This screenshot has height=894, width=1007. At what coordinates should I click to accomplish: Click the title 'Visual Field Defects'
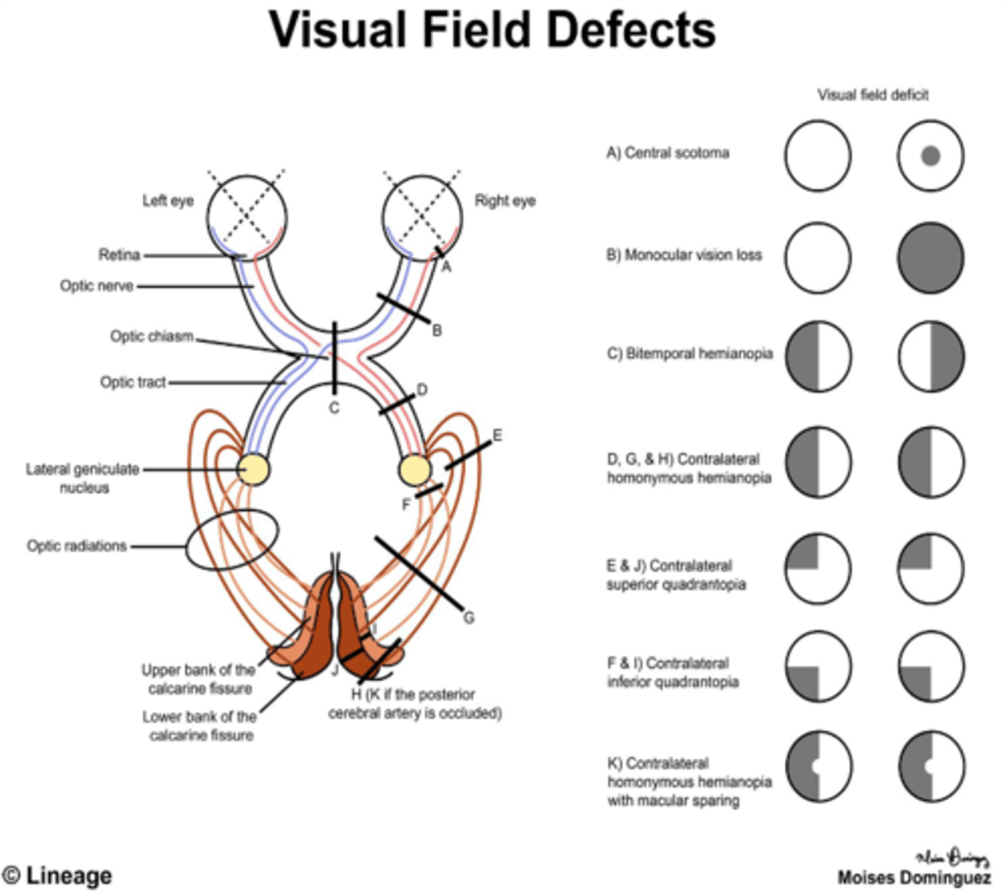[x=492, y=31]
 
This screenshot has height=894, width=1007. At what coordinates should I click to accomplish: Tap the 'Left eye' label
[x=168, y=201]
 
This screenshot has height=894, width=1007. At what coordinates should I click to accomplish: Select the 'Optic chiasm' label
[x=152, y=337]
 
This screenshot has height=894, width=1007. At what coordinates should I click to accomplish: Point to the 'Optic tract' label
[x=133, y=382]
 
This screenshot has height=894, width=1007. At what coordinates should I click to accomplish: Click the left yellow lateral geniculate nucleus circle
[x=253, y=470]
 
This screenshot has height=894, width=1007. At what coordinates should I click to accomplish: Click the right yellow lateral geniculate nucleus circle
[x=415, y=470]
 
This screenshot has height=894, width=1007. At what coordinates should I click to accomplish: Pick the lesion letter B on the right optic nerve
[x=437, y=330]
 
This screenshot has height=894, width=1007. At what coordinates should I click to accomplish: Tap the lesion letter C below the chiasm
[x=334, y=408]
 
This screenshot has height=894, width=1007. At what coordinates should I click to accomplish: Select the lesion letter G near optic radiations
[x=468, y=617]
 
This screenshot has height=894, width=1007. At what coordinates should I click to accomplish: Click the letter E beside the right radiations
[x=497, y=436]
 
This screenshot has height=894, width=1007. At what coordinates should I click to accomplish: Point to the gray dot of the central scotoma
[x=930, y=156]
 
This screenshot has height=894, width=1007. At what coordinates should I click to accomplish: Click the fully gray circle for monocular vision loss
[x=930, y=258]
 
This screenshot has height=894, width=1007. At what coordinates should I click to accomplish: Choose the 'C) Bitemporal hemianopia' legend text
[x=689, y=354]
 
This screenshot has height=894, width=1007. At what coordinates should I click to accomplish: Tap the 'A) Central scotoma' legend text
[x=668, y=153]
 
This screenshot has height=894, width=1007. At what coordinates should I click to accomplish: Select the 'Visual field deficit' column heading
[x=873, y=95]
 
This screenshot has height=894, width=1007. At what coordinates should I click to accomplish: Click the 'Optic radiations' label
[x=77, y=546]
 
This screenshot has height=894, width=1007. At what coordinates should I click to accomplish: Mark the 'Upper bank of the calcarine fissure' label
[x=199, y=679]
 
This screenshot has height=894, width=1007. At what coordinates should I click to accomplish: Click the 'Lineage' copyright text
[x=58, y=876]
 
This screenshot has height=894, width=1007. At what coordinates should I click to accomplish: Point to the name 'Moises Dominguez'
[x=914, y=878]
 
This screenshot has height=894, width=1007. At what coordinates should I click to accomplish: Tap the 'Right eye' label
[x=505, y=201]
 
